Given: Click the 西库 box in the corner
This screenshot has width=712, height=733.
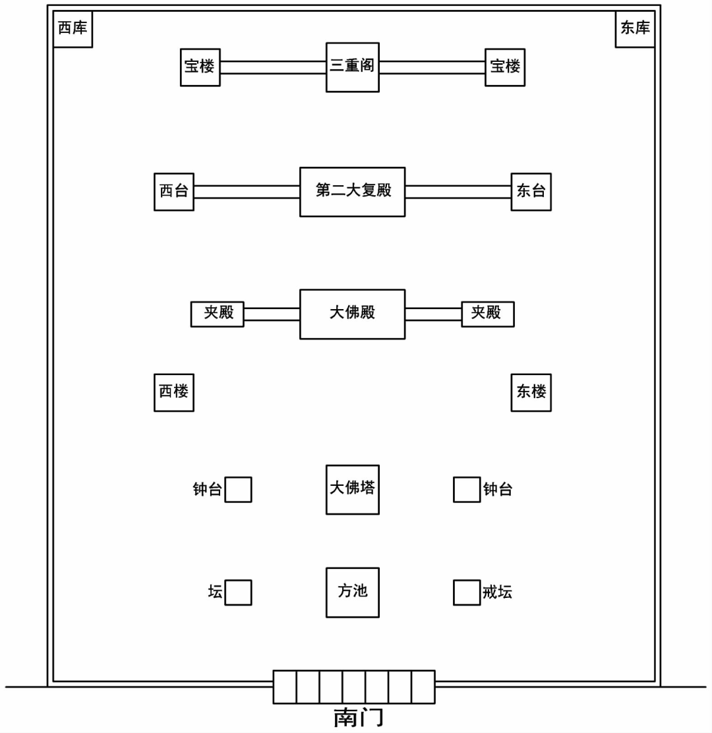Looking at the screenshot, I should coord(73,28).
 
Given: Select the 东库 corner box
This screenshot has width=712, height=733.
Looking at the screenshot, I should coord(635,28).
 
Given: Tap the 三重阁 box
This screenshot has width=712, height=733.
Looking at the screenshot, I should coord(353,67).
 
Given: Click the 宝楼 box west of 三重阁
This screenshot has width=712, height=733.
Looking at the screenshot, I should coord(200,67).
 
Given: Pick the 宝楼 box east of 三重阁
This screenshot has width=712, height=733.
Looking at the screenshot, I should coord(505,67).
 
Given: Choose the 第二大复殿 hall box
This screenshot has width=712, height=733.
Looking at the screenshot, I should coord(353,191).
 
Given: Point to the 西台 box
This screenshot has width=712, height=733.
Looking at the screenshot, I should coord(174,191).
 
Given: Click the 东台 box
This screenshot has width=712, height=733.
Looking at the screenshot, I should coord(531,191).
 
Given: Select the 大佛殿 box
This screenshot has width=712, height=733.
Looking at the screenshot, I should coord(353,314).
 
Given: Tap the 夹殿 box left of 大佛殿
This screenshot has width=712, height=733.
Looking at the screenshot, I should coord(218,314).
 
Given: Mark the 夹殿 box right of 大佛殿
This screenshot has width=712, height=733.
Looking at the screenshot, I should coord(487,314).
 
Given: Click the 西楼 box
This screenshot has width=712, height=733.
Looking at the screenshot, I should coord(174,392).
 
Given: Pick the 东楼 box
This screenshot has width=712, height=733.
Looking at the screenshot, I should coord(531,392).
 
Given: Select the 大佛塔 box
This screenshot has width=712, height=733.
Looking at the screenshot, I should coord(353,489).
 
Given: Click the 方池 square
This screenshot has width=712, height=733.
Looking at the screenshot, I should coord(353,592).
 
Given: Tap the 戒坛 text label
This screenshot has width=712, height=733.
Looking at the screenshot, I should coord(497,593).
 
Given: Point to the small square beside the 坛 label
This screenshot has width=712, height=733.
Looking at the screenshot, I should coord(238,592).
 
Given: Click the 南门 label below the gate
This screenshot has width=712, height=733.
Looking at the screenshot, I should coord(358,717).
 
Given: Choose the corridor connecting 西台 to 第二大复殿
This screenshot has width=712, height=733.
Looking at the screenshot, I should coord(247,191).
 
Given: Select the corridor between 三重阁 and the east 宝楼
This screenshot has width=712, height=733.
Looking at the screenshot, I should coord(432,67).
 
